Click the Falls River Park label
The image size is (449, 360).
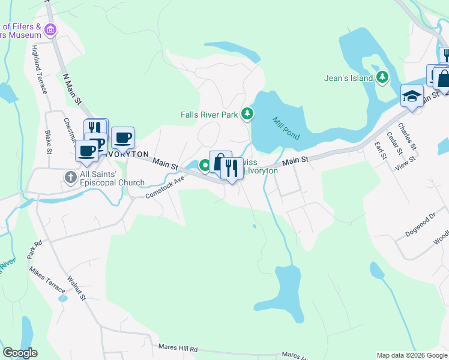[x=210, y=114]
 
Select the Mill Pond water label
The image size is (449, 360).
[x=286, y=128]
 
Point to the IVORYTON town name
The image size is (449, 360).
[x=125, y=154]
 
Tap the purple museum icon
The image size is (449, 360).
[x=50, y=29]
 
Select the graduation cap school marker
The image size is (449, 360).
[x=412, y=96]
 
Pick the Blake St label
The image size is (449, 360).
[x=49, y=142]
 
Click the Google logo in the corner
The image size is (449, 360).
[x=20, y=353]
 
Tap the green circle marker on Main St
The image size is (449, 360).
[x=204, y=166]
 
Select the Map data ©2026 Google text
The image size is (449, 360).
[x=412, y=355]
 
